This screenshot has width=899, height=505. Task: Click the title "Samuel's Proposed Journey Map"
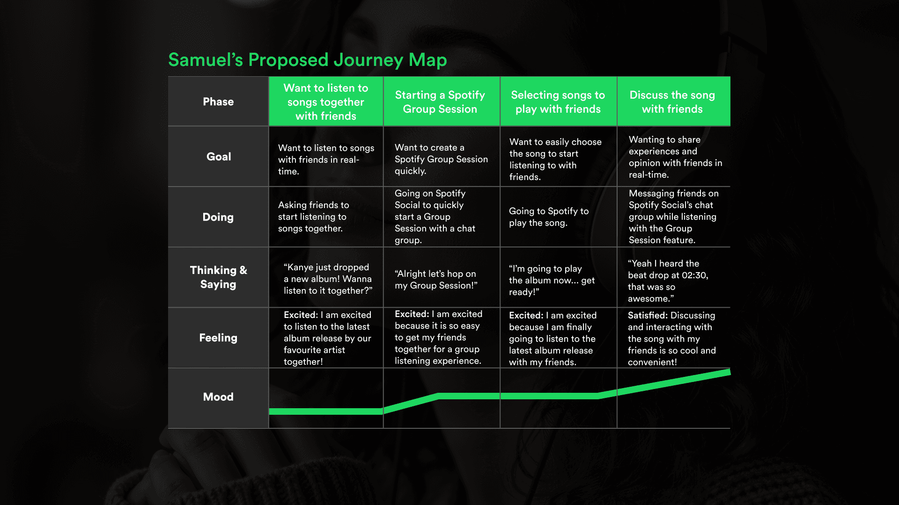[x=307, y=60]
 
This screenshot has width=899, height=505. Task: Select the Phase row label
[x=218, y=102]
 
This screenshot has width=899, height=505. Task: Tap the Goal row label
[x=219, y=157]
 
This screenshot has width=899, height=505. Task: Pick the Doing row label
[x=218, y=217]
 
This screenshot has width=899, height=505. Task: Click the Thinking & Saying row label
[x=218, y=277]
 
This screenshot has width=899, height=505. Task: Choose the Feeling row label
[x=218, y=338]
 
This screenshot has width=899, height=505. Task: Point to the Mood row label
[x=218, y=397]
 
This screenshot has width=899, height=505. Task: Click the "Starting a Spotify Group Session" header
[x=440, y=102]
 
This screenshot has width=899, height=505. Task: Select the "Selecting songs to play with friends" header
[x=558, y=102]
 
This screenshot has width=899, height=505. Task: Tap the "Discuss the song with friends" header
[x=672, y=102]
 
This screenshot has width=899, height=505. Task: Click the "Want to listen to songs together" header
[x=326, y=102]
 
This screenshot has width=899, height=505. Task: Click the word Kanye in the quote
[x=300, y=267]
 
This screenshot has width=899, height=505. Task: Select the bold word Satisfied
[x=647, y=316]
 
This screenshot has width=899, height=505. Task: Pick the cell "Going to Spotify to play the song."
[x=548, y=217]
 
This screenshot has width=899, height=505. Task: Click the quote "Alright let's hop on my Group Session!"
[x=436, y=280]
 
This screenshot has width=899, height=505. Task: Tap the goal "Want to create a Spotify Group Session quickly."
[x=441, y=159]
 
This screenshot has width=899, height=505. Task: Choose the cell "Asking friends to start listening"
[x=313, y=217]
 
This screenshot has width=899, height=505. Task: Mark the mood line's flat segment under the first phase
[x=326, y=411]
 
